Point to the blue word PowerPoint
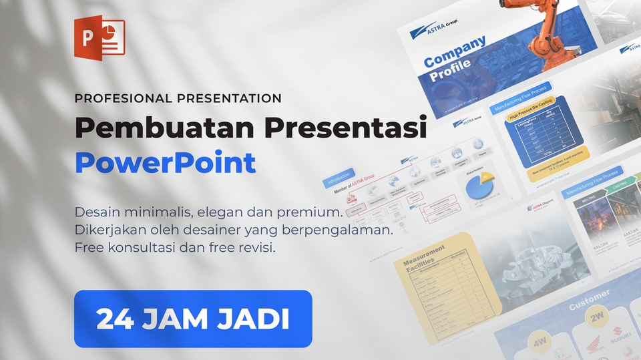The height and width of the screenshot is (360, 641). coord(165,163)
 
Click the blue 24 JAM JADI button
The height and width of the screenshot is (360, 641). coord(193,319)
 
